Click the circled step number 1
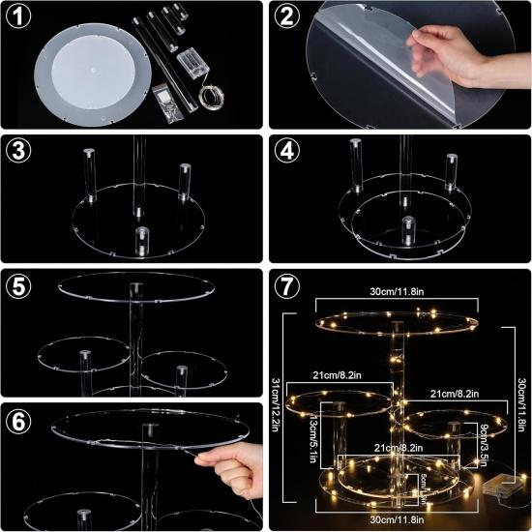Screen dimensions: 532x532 [20, 16]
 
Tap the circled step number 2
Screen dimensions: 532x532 [285, 16]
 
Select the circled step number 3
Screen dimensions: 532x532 [20, 151]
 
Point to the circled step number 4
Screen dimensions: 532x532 [285, 151]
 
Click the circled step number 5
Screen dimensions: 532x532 [20, 286]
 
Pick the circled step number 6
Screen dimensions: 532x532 [20, 420]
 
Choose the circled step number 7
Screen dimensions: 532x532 [285, 286]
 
